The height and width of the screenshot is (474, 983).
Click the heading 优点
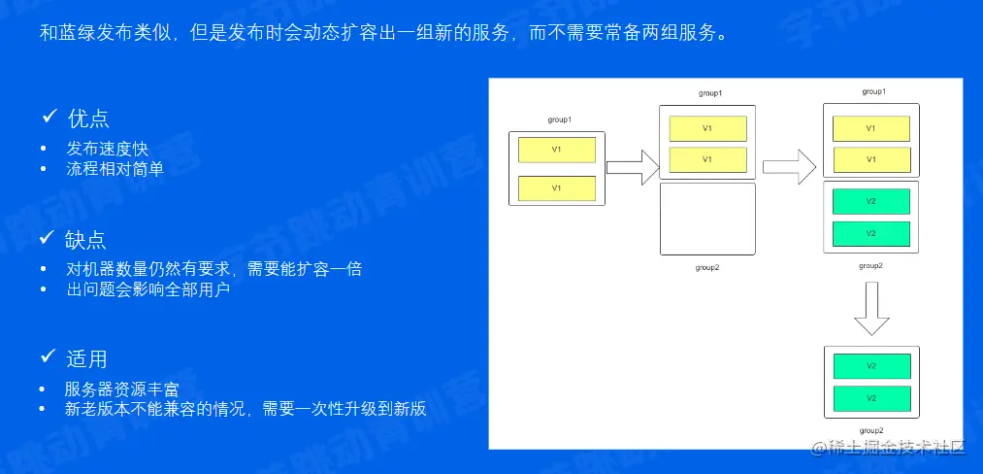tap(87, 118)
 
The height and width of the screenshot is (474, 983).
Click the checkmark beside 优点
tap(49, 118)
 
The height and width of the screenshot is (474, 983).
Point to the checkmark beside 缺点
tap(49, 238)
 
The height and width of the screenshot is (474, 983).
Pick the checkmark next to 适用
tap(49, 357)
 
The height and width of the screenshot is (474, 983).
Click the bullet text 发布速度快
tap(107, 149)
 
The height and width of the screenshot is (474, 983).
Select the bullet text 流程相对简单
tap(115, 169)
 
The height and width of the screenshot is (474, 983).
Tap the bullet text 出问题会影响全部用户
tap(147, 289)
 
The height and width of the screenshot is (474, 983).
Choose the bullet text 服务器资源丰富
tap(122, 389)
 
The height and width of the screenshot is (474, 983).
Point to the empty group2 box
tap(706, 219)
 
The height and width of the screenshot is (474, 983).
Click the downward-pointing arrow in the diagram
tap(870, 308)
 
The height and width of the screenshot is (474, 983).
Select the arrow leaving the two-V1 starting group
tap(632, 167)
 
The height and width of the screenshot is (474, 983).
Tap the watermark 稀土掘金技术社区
tap(887, 447)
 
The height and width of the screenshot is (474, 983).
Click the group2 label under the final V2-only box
tap(870, 429)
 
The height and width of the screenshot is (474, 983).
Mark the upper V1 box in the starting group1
tap(556, 150)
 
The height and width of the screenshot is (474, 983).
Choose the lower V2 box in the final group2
tap(870, 398)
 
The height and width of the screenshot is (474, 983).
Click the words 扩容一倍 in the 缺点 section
tap(330, 269)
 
